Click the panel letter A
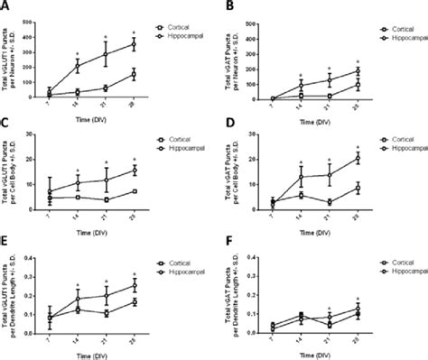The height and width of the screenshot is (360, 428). [6, 6]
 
